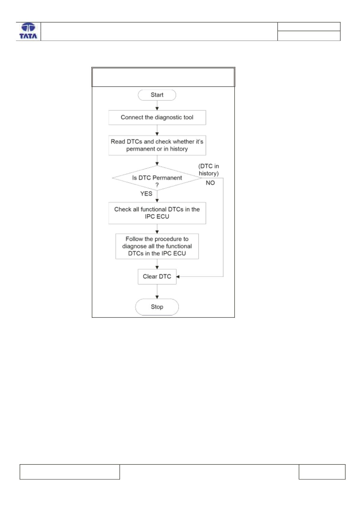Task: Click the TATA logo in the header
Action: tap(28, 31)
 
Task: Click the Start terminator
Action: tap(157, 95)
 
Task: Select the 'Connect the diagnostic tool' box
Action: tap(157, 118)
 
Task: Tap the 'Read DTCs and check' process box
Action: tap(157, 146)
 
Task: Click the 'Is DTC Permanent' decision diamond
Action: tap(157, 178)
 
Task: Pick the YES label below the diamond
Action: tap(146, 194)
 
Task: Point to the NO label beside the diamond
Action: tap(210, 183)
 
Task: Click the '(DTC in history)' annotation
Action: tap(209, 170)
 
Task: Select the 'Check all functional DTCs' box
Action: tap(157, 213)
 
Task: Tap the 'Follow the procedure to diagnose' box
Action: tap(157, 246)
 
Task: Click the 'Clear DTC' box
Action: tap(157, 277)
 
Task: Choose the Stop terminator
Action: tap(157, 307)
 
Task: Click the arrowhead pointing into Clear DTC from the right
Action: tap(178, 277)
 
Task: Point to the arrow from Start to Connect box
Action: tap(157, 106)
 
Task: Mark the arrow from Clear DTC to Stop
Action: tap(157, 291)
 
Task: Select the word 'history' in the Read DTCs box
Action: tap(179, 149)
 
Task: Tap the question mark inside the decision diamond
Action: tap(157, 185)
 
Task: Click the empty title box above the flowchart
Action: tap(163, 77)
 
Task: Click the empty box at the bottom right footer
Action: tap(322, 472)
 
